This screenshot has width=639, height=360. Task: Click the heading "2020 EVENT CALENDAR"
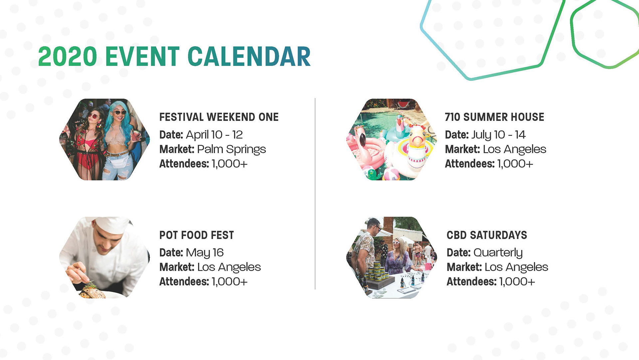(174, 56)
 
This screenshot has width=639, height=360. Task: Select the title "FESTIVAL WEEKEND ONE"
(219, 117)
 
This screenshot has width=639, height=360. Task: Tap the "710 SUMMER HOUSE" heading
(495, 117)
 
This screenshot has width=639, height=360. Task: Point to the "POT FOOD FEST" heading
(197, 235)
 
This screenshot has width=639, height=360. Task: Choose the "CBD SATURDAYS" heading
(487, 235)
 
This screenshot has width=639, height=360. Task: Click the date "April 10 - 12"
(214, 135)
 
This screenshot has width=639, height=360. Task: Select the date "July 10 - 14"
(499, 135)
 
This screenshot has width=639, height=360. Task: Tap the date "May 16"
(205, 253)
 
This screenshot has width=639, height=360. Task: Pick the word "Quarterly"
(498, 253)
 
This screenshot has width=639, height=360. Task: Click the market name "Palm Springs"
(231, 150)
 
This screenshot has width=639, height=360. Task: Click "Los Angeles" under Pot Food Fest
(229, 267)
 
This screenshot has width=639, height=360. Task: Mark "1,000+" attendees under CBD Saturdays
(517, 282)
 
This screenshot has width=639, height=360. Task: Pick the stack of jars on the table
(376, 271)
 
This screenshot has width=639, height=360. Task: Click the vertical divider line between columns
(315, 193)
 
